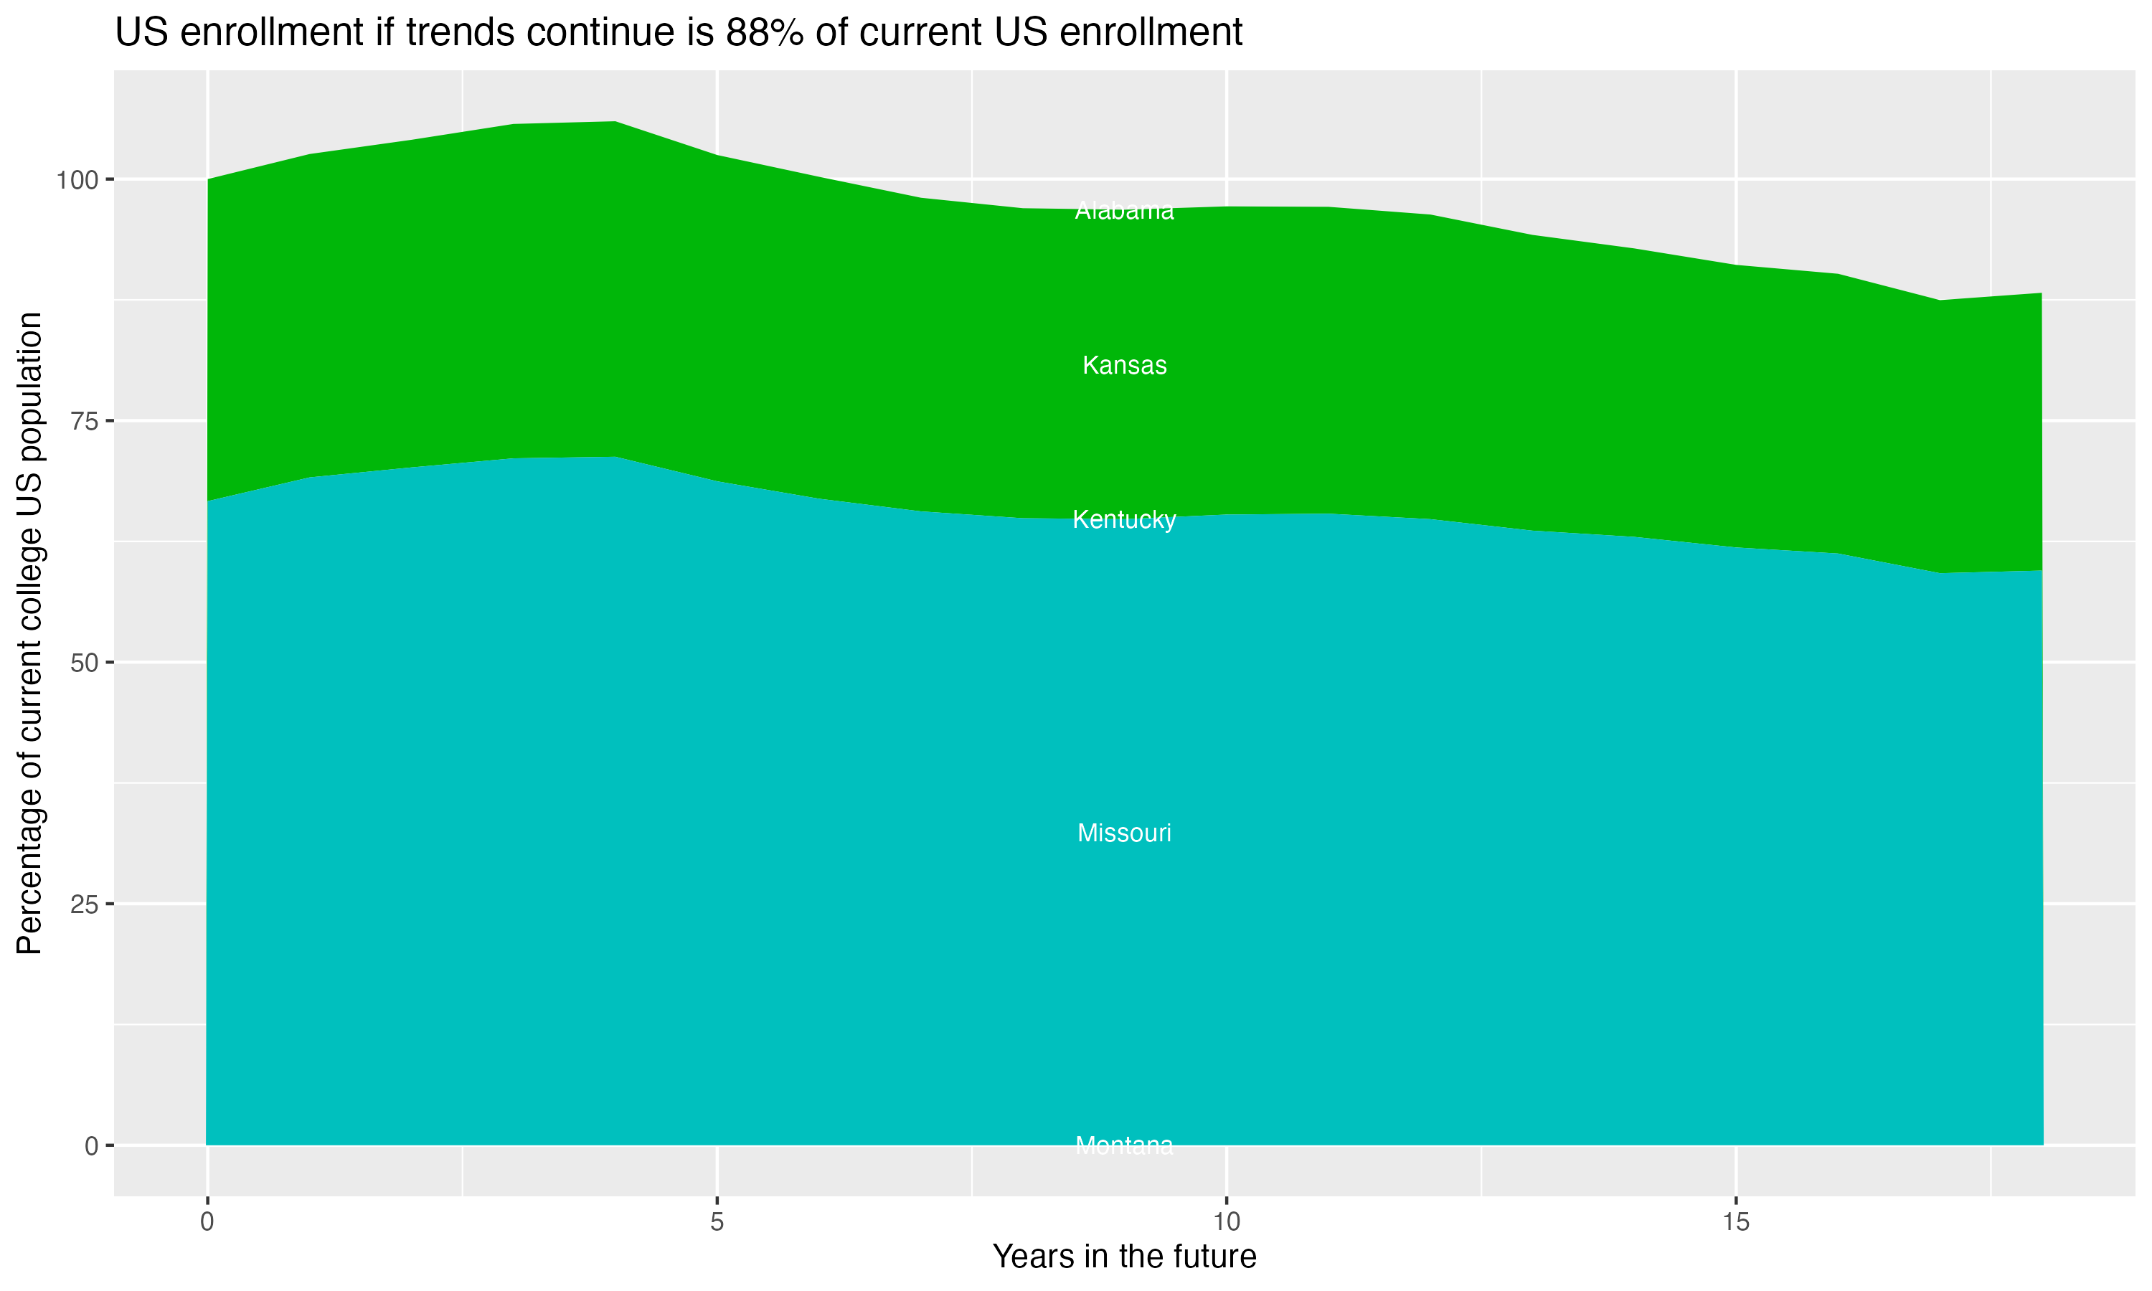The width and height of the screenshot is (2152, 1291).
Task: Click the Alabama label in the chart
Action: (1124, 211)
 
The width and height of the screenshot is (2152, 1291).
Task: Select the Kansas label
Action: (1124, 365)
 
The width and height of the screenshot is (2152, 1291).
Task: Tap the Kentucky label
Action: (1124, 519)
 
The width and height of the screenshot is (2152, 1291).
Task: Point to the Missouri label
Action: (1124, 833)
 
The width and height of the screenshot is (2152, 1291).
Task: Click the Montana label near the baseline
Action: (1124, 1145)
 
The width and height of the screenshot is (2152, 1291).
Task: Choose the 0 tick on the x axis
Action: (207, 1222)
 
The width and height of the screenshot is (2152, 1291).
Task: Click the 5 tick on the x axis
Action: (717, 1222)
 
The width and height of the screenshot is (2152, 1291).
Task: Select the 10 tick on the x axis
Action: (1227, 1222)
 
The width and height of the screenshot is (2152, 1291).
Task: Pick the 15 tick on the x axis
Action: (1736, 1222)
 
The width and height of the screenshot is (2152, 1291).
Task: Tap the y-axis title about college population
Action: (30, 633)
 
